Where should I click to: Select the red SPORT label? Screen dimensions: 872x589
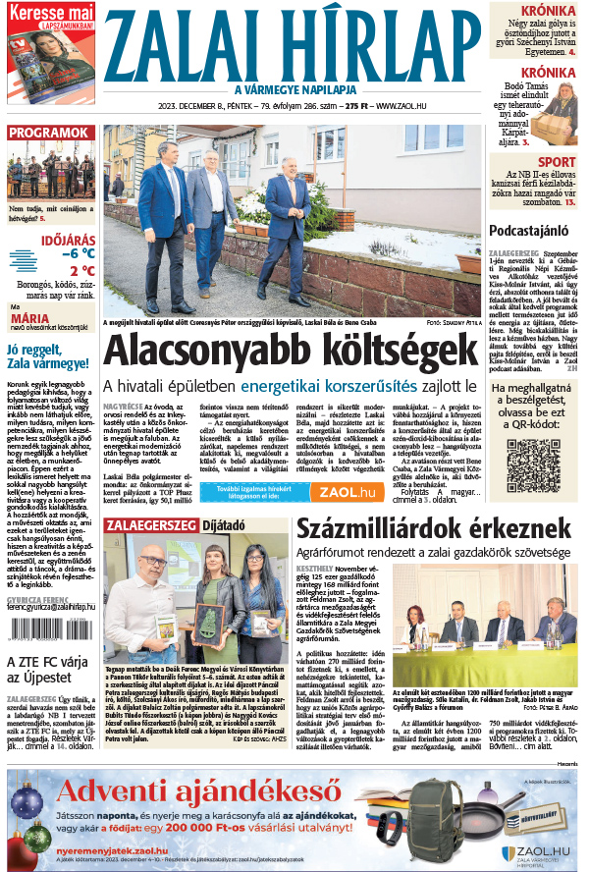pos(557,162)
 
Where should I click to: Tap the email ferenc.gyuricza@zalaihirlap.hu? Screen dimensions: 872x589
pos(49,606)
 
